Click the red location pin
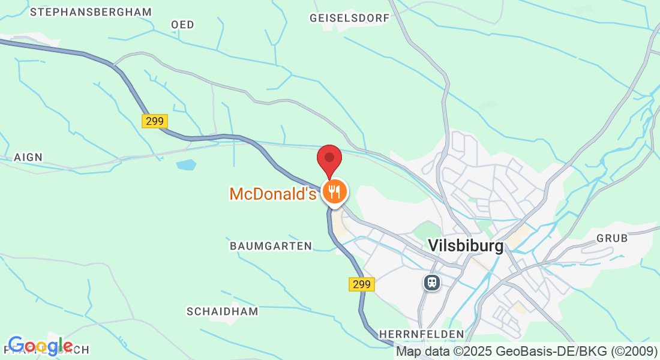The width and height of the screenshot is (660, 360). point(329,159)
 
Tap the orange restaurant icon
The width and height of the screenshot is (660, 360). point(333,192)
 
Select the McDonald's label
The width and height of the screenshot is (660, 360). point(272,194)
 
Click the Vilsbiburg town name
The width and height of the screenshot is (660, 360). point(466,245)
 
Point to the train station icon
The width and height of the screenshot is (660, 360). point(431,282)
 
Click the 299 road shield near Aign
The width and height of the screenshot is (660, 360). point(155,121)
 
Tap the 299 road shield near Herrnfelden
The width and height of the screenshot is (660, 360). point(362,284)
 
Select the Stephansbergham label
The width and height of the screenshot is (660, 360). point(91,12)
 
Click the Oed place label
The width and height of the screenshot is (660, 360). point(182,25)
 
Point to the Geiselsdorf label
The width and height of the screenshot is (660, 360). point(350,18)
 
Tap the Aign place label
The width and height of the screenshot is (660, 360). point(28,157)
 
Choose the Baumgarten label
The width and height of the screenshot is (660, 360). point(271,246)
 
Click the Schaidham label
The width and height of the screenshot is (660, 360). point(222,311)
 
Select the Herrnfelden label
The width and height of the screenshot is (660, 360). point(422,334)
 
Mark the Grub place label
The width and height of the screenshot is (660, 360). point(612,238)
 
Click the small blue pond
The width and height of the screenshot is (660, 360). point(187,164)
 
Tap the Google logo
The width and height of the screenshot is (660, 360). point(40,346)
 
